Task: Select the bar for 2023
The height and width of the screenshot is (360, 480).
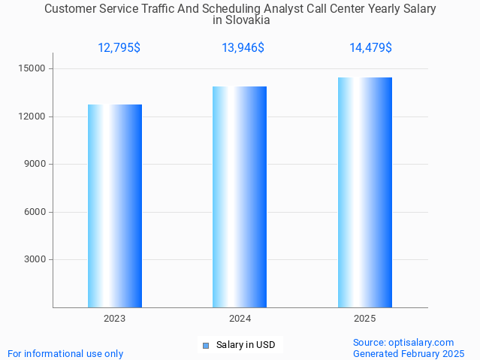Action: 115,206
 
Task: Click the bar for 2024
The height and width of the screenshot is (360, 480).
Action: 240,197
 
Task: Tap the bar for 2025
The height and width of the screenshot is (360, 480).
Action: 365,192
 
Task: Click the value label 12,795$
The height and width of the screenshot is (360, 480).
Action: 119,48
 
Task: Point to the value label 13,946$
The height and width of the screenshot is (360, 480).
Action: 243,48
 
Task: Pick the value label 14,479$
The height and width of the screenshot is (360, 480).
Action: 370,48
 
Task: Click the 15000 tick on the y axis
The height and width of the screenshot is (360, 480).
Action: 32,68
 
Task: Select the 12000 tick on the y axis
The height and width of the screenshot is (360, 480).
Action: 32,116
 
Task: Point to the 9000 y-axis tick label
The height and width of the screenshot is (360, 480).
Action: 35,164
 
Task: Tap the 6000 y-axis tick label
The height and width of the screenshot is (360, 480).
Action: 35,212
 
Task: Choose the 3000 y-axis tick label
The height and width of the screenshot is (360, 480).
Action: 35,259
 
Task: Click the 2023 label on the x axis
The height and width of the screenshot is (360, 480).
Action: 115,319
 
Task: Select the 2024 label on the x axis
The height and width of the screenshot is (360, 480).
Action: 240,319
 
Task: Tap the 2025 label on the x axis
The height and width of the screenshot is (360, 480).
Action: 365,319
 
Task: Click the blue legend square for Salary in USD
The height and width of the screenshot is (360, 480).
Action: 206,346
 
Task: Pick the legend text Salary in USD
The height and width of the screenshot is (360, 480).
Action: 246,345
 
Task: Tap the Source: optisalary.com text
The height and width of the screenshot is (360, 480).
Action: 403,343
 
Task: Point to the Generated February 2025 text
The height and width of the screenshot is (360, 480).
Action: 409,353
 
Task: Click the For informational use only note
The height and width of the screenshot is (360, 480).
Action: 65,353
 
